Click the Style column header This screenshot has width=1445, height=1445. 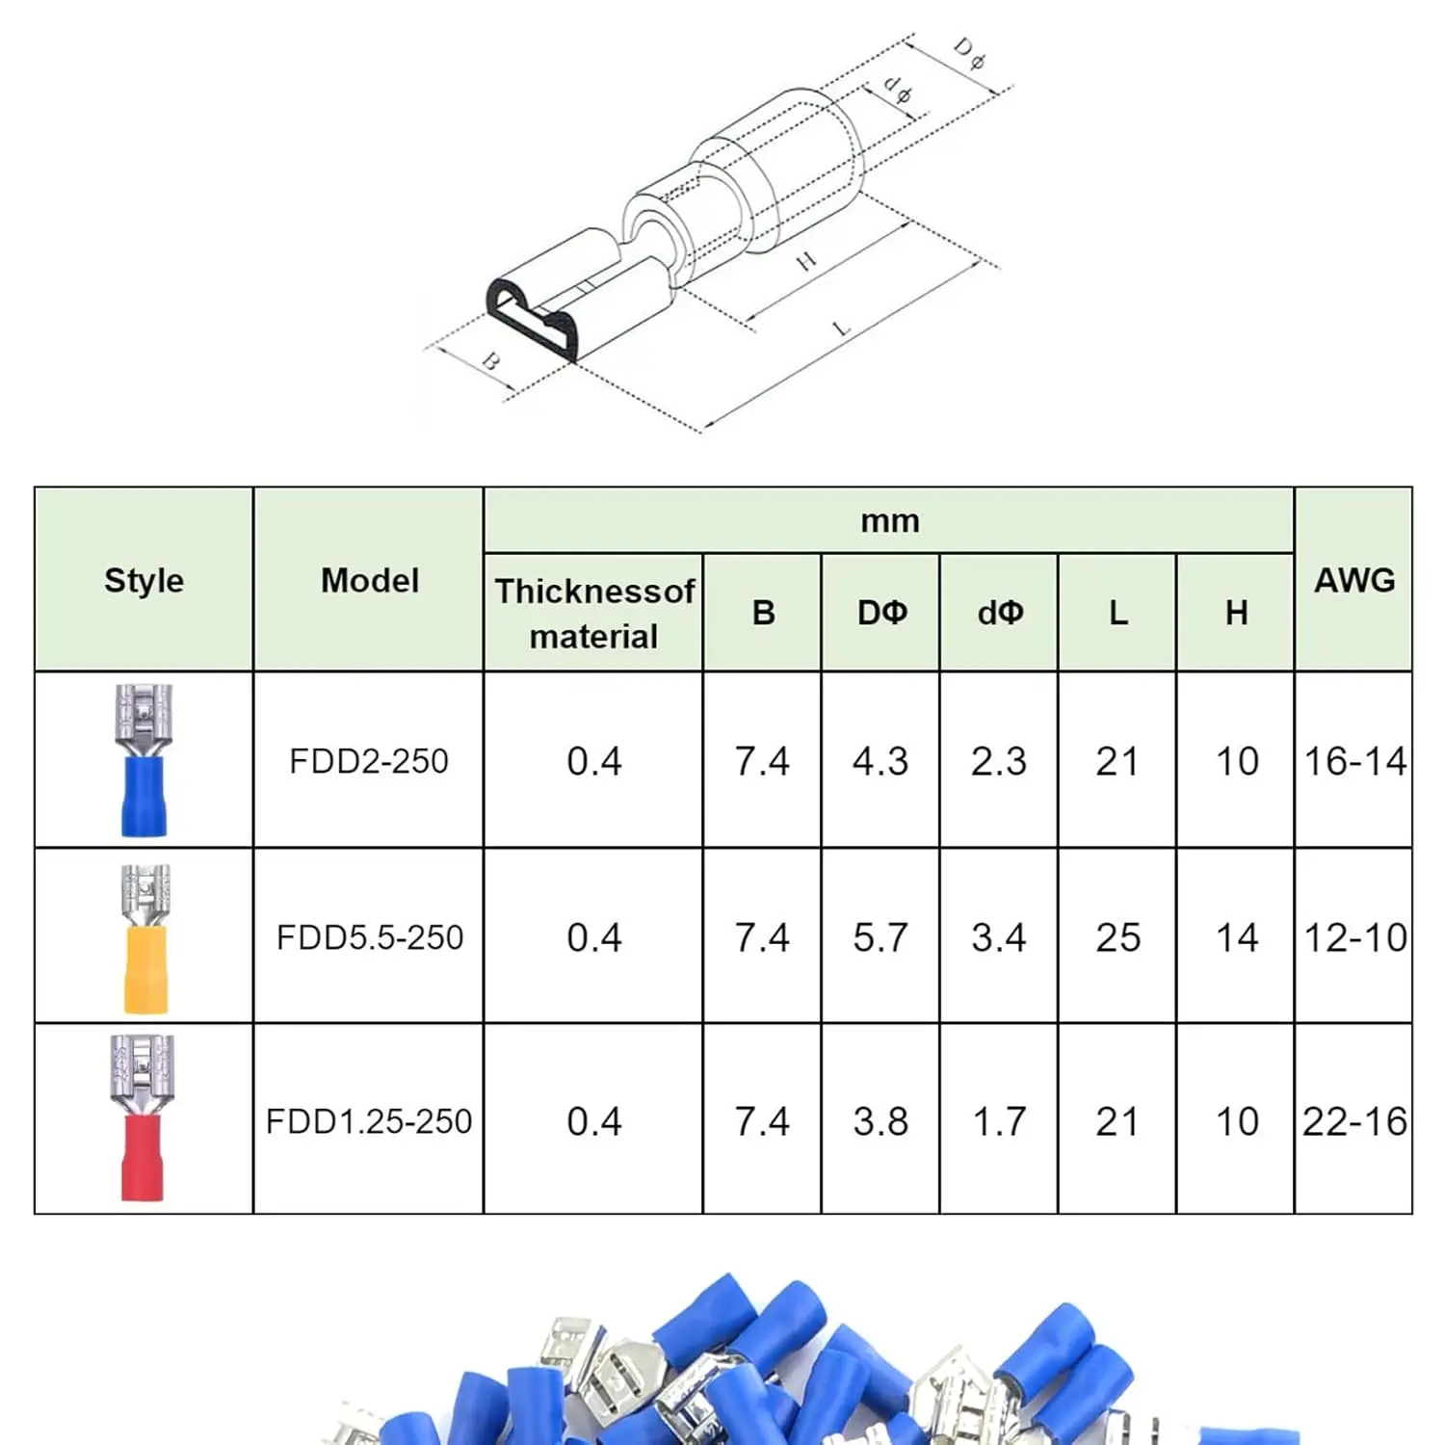(144, 580)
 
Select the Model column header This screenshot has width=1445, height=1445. (369, 580)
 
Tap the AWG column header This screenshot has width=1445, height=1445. (1353, 580)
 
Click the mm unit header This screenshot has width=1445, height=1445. (889, 521)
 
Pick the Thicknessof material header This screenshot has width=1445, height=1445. (593, 614)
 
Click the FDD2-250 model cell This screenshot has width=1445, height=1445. (369, 761)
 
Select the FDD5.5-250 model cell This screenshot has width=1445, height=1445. (369, 937)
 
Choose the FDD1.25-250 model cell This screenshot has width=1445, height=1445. (369, 1121)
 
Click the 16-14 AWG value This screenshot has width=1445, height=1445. (1353, 761)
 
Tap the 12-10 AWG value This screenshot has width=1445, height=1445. (1353, 937)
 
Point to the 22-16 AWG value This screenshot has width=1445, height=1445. (1353, 1121)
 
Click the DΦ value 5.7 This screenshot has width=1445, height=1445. (880, 937)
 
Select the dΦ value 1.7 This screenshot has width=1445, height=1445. (998, 1121)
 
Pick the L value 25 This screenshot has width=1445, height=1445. (1117, 937)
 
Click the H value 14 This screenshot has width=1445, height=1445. (1236, 937)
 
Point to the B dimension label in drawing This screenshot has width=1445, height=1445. (490, 362)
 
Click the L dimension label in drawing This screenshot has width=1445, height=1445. (842, 328)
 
